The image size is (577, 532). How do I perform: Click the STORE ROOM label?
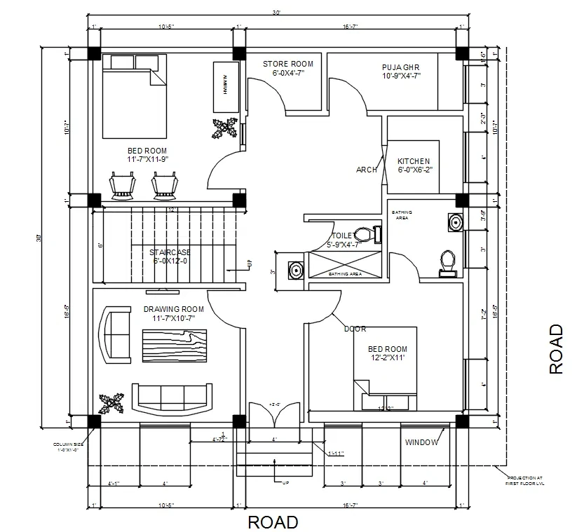tap(287, 64)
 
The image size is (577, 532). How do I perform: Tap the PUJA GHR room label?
tap(401, 67)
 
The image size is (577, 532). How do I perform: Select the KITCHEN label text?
tap(414, 161)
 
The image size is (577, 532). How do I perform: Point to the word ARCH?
tap(366, 170)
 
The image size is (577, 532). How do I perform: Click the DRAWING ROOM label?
tap(173, 309)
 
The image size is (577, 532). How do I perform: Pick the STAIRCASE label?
tap(170, 252)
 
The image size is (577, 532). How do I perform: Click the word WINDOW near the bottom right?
tap(421, 442)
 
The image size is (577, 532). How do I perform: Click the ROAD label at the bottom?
tap(273, 522)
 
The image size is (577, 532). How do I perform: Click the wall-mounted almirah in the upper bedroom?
tap(226, 86)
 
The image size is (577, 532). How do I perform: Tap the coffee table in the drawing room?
tap(174, 346)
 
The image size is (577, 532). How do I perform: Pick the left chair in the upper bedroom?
tap(123, 185)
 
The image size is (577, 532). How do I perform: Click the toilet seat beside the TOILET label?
tap(362, 234)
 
